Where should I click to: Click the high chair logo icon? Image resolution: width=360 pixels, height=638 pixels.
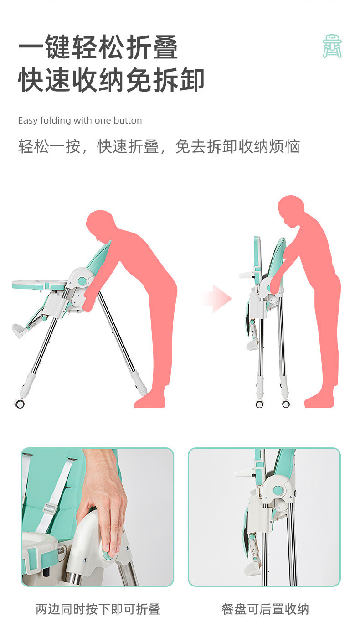pyautogui.click(x=332, y=47)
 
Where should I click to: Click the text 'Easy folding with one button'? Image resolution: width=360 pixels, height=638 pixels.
pyautogui.click(x=80, y=121)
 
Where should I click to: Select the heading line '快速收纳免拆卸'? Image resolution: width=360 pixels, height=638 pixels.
pyautogui.click(x=111, y=81)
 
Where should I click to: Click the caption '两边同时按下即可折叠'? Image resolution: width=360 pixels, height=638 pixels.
pyautogui.click(x=98, y=609)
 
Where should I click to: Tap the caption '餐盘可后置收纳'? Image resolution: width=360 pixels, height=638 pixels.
pyautogui.click(x=265, y=609)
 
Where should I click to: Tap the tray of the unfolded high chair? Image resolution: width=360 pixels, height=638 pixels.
pyautogui.click(x=39, y=284)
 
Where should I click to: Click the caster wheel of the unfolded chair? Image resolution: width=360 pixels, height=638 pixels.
pyautogui.click(x=20, y=403)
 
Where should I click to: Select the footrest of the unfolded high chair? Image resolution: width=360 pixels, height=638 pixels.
pyautogui.click(x=19, y=330)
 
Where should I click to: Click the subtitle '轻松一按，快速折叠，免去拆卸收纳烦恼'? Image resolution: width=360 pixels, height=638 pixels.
pyautogui.click(x=159, y=147)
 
